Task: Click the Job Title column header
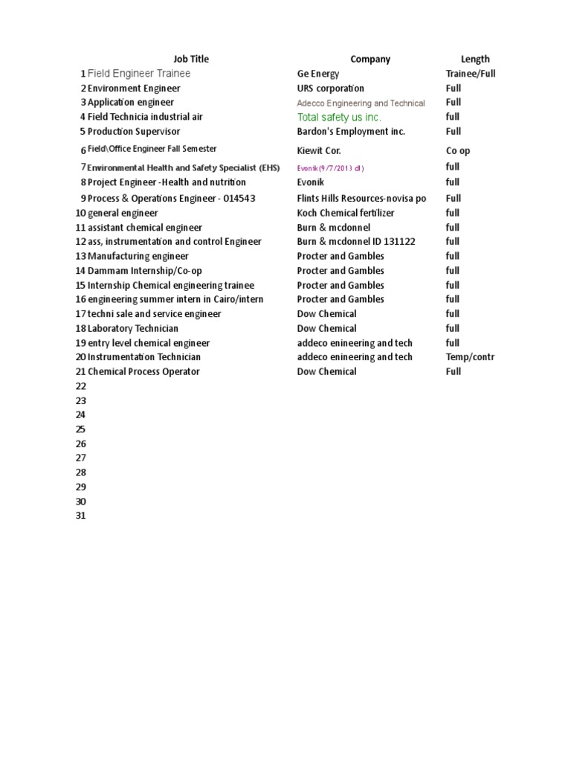point(191,60)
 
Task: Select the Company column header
point(370,60)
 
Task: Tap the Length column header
point(475,60)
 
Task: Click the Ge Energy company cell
point(318,74)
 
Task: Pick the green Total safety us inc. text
point(339,118)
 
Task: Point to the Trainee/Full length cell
point(471,74)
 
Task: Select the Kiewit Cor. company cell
point(319,151)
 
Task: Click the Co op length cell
point(458,151)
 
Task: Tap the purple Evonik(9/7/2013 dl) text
point(331,168)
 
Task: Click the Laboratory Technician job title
point(133,328)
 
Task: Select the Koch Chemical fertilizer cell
point(346,213)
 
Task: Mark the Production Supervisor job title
point(134,132)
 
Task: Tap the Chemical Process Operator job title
point(143,371)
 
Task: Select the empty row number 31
point(81,516)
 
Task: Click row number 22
point(81,386)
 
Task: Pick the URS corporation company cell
point(331,89)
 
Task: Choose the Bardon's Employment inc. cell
point(351,132)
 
